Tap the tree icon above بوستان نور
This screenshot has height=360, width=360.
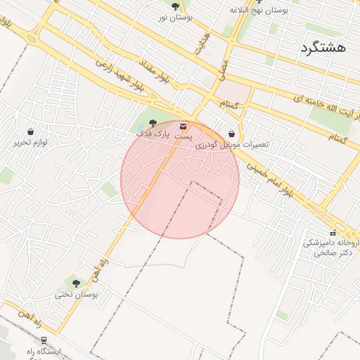pos(175,6)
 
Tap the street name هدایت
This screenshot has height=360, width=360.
pos(203,42)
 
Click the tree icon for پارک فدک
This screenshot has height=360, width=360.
pos(153,123)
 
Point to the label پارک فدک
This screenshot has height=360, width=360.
pos(153,133)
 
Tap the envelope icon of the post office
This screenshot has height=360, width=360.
pos(184,127)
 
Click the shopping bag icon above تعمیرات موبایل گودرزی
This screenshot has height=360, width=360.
pos(231,134)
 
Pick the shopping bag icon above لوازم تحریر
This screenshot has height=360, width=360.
pos(30,131)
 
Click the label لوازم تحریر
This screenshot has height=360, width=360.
pos(30,143)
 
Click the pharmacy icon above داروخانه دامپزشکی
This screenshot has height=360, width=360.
pos(333,233)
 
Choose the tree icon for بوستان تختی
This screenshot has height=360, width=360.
pos(76,284)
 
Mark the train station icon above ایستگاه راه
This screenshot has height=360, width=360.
pos(44,340)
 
